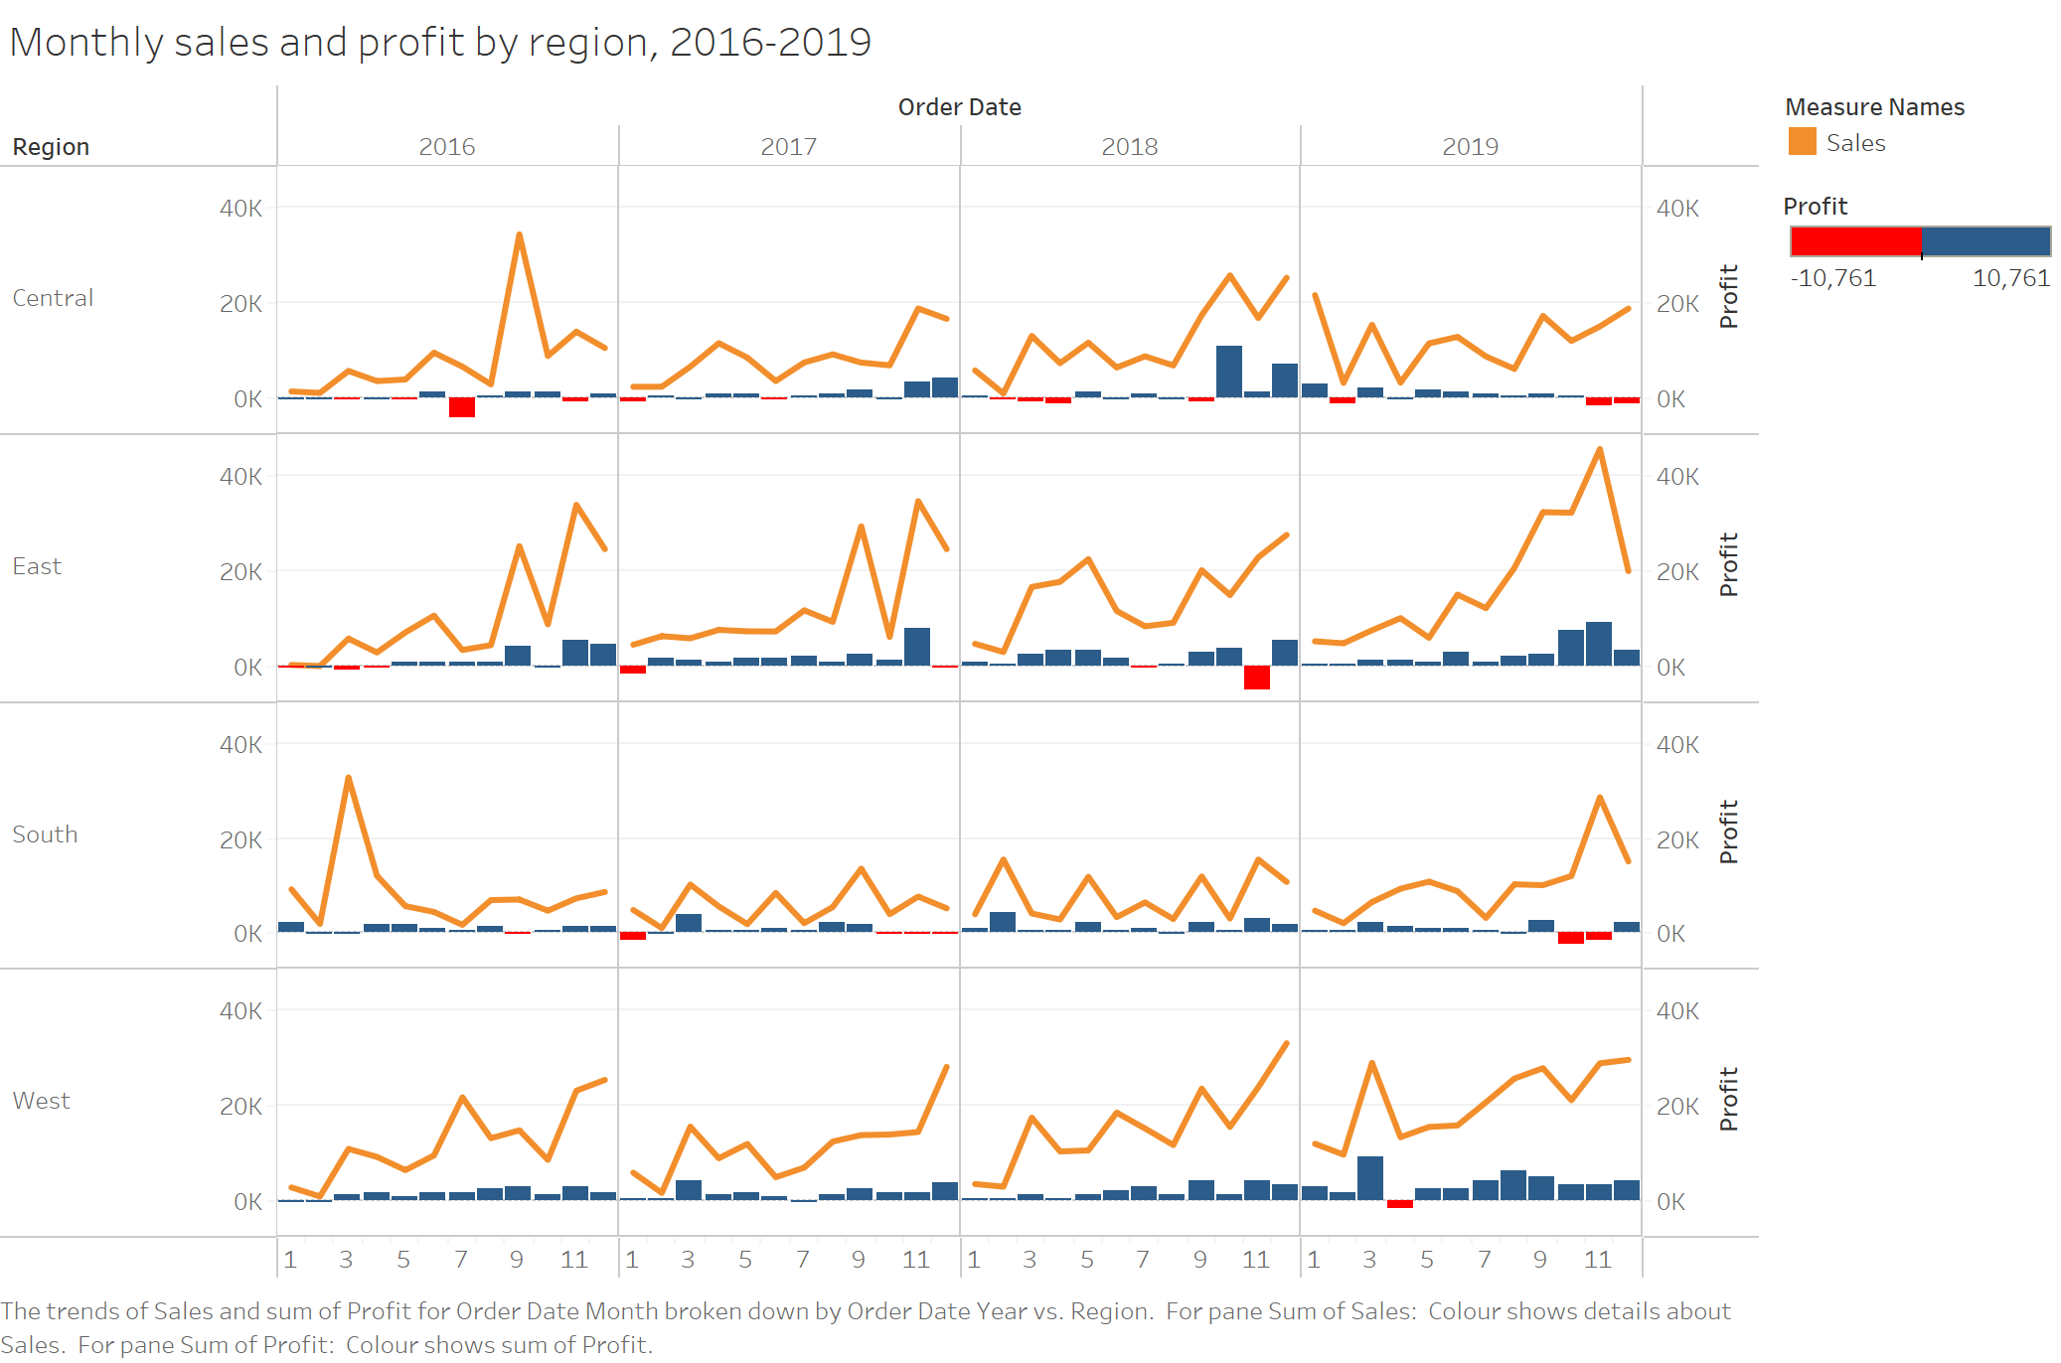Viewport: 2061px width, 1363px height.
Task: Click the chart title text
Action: coord(440,43)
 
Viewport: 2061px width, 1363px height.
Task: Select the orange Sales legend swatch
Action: coord(1802,142)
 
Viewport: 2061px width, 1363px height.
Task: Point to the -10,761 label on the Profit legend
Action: coord(1832,278)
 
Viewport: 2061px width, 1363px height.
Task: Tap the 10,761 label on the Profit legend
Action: coord(2010,278)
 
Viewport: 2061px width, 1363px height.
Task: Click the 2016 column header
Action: coord(447,147)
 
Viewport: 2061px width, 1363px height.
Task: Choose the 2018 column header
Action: coord(1129,147)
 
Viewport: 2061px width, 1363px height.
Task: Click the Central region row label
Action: coord(53,298)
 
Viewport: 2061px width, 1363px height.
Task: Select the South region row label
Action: coord(45,834)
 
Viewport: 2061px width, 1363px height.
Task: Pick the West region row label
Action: coord(41,1101)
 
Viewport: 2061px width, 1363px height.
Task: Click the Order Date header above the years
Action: coord(959,107)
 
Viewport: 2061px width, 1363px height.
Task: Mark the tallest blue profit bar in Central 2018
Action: coord(1229,373)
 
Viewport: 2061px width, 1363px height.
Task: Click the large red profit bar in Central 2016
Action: coord(462,407)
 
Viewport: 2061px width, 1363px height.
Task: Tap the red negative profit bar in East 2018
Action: coord(1257,678)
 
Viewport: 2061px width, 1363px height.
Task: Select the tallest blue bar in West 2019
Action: coord(1370,1178)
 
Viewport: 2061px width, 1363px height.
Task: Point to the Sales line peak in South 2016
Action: coord(349,778)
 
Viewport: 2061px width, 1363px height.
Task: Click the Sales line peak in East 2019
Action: coord(1599,449)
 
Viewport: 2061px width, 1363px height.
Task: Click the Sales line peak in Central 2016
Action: coord(520,235)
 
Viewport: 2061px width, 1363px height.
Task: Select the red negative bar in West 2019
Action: coord(1400,1204)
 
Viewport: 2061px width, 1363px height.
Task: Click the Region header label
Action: coord(51,147)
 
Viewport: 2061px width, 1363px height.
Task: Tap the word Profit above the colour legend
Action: coord(1815,207)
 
